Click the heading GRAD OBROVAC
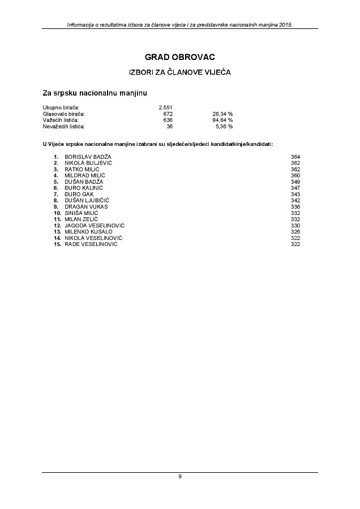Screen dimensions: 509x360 pos(180,57)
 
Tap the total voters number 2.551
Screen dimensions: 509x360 pos(166,107)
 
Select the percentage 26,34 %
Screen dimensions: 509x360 pos(222,114)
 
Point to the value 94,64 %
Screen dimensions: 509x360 pos(222,120)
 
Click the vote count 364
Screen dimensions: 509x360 pos(295,157)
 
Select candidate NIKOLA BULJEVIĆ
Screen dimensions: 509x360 pos(88,163)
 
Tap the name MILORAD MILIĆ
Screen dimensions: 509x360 pos(84,175)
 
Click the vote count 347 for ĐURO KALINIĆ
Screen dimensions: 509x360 pos(295,188)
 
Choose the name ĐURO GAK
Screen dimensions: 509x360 pos(79,194)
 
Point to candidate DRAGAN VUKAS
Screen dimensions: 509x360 pos(86,206)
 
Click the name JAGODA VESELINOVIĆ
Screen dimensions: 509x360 pos(95,226)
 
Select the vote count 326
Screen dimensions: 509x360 pos(295,232)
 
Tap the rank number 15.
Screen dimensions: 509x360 pos(57,244)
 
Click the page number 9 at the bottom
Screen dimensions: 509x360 pos(180,477)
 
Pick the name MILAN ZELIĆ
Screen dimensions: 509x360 pos(82,219)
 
